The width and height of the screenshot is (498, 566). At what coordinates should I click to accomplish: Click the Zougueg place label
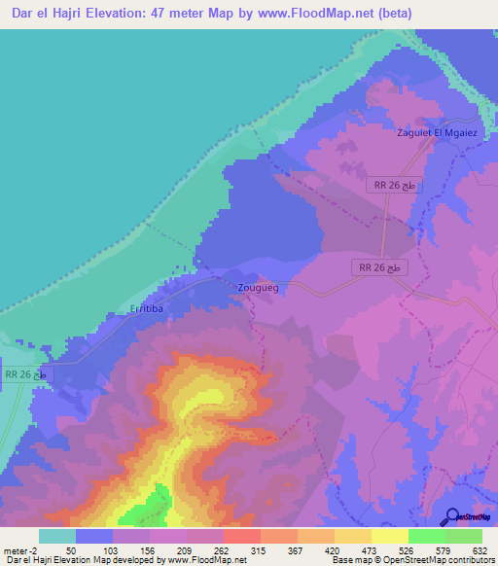[258, 288]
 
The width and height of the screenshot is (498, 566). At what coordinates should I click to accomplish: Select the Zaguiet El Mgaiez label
[441, 133]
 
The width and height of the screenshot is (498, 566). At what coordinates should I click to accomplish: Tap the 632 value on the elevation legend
[481, 550]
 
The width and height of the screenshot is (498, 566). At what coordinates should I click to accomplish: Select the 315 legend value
[260, 550]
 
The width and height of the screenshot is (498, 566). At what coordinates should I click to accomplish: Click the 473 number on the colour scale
[371, 550]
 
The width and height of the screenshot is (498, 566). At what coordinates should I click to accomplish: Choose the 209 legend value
[186, 550]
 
